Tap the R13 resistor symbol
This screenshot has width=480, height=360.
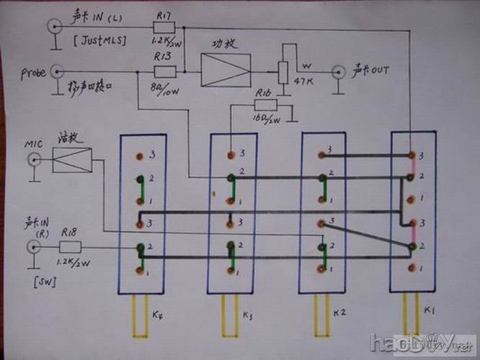(x=164, y=71)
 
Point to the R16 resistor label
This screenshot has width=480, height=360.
(x=264, y=94)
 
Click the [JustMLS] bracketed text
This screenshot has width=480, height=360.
(x=99, y=41)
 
